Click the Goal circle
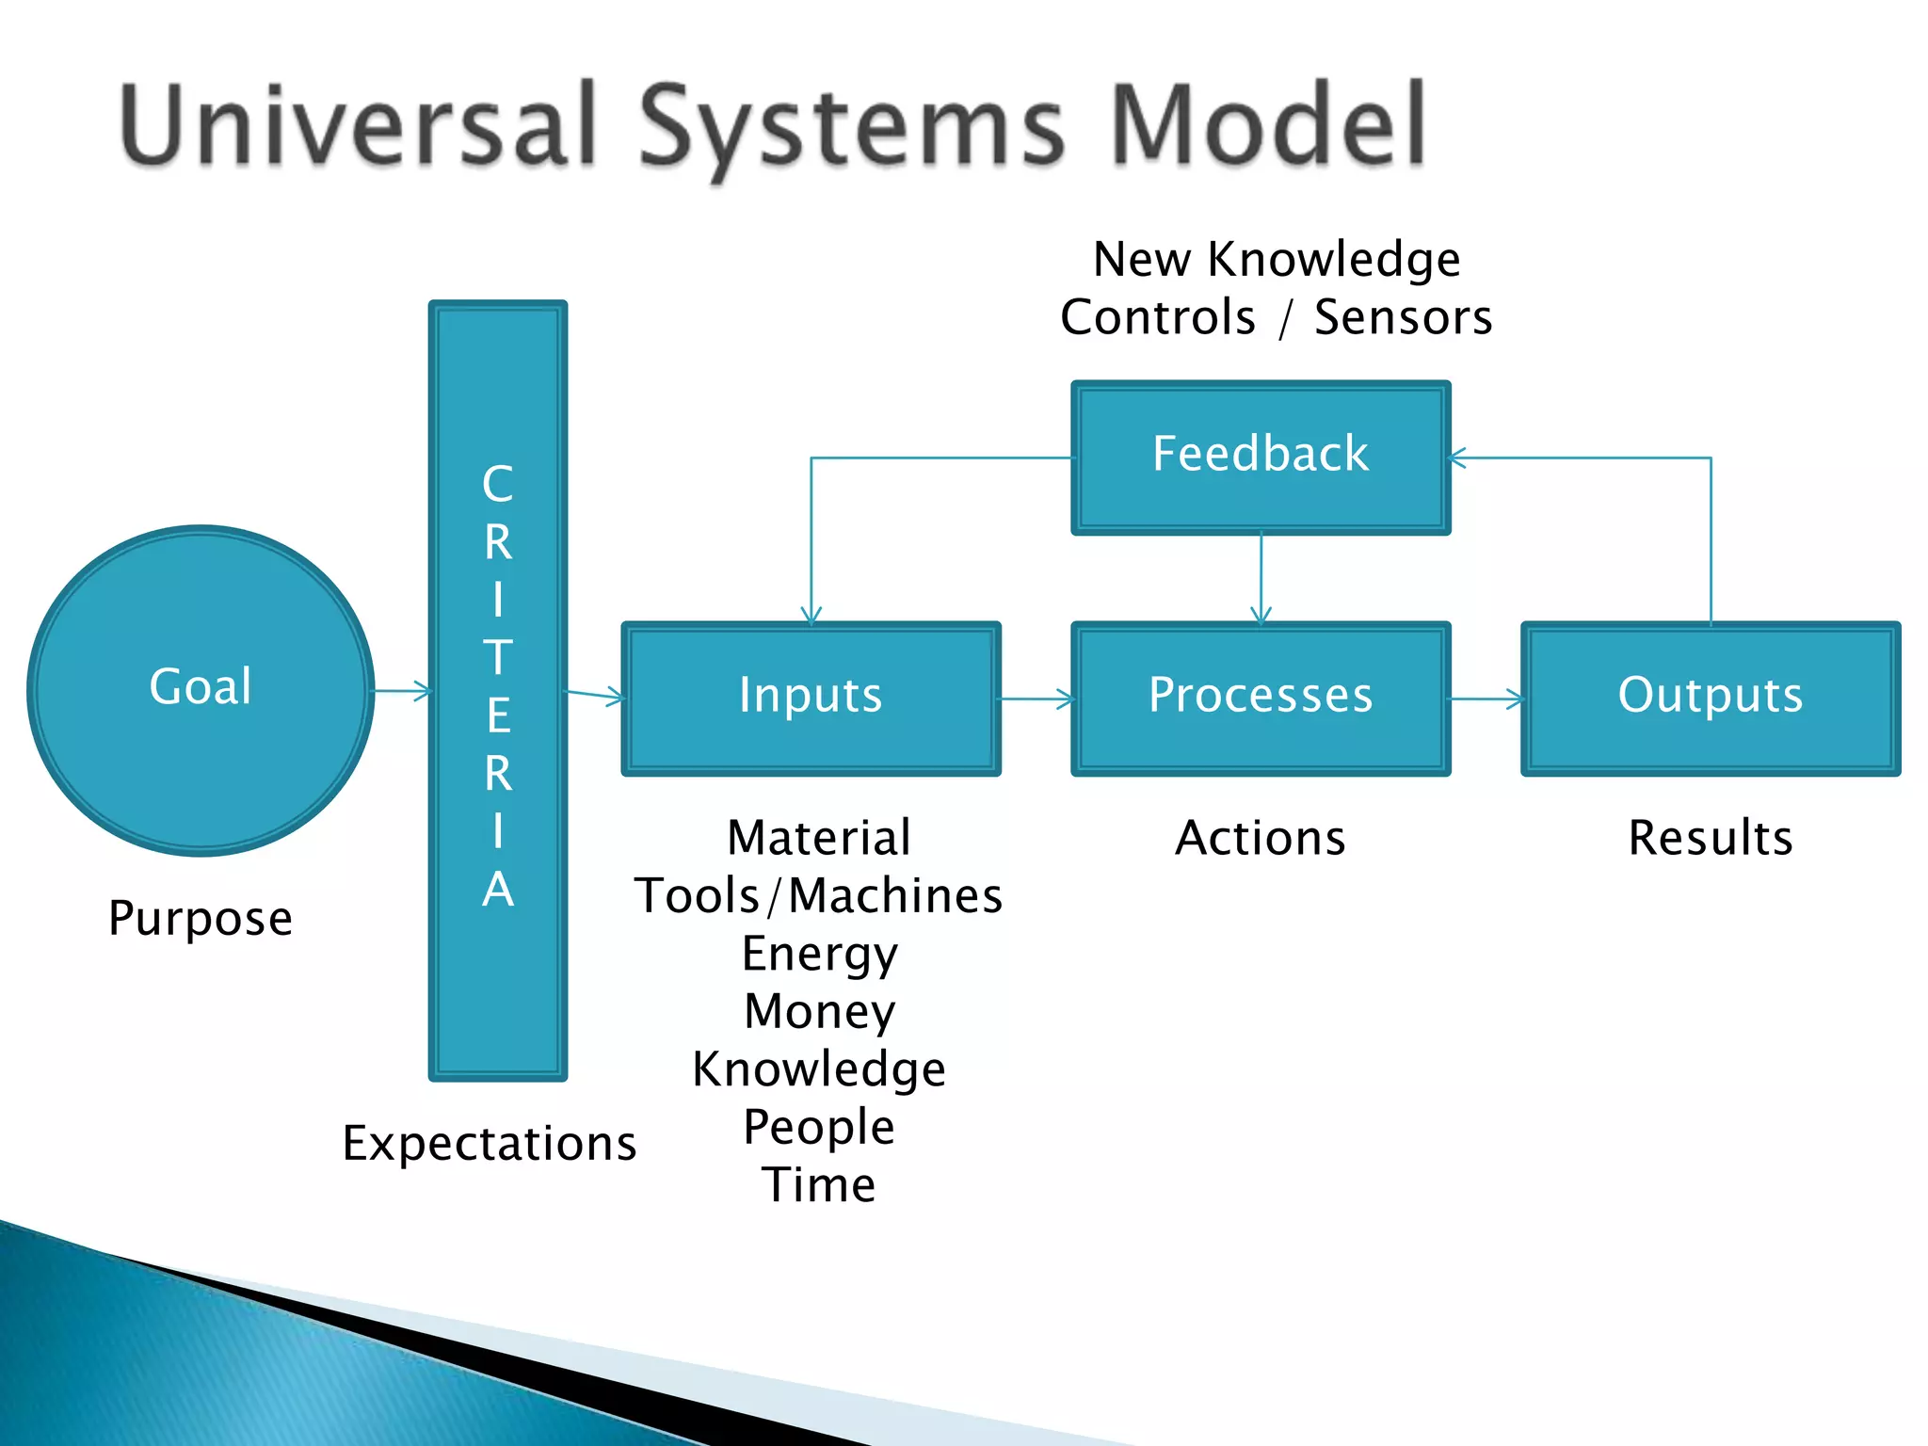click(x=201, y=690)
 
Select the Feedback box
click(x=1261, y=458)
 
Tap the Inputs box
click(x=811, y=698)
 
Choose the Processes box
click(x=1261, y=698)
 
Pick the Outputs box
click(x=1711, y=698)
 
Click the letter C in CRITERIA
click(x=498, y=484)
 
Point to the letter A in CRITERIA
click(x=498, y=889)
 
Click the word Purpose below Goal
click(x=201, y=918)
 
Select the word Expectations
click(x=489, y=1143)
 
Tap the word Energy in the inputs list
click(x=819, y=954)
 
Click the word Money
click(x=819, y=1011)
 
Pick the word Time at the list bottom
click(x=819, y=1184)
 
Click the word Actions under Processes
click(x=1261, y=837)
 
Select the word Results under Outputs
click(x=1711, y=837)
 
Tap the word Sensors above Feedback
click(x=1403, y=317)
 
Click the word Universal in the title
click(x=359, y=125)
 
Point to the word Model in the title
click(x=1268, y=125)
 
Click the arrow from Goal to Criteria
click(x=403, y=692)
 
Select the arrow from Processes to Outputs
click(x=1486, y=699)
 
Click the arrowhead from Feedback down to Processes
click(x=1261, y=615)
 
